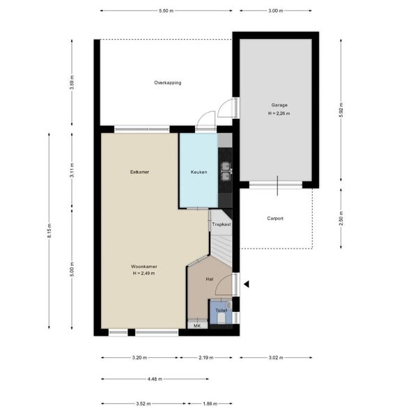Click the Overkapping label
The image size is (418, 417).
click(x=168, y=83)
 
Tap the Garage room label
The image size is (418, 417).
click(x=279, y=105)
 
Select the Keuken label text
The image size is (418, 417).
click(x=199, y=171)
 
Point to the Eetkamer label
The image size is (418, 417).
click(x=139, y=171)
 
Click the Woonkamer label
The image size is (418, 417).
click(x=144, y=267)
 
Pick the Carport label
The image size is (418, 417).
click(x=275, y=218)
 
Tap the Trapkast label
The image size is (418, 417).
click(x=221, y=225)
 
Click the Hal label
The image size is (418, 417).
click(x=209, y=278)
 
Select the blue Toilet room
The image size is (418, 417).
click(x=221, y=313)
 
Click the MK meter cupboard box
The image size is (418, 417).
click(x=197, y=325)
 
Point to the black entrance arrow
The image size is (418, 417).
click(x=246, y=283)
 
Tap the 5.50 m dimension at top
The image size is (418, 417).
click(x=166, y=11)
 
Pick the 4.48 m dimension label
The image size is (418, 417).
click(x=154, y=379)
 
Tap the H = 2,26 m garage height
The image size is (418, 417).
click(x=279, y=113)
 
